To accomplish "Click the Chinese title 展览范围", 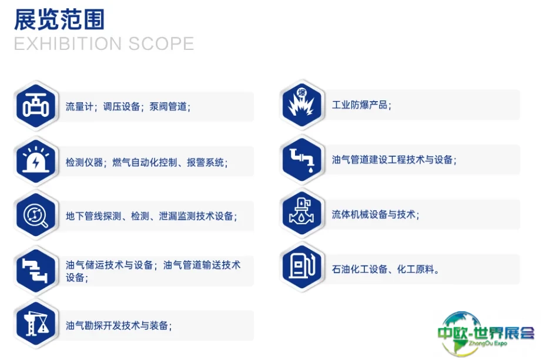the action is pos(59,19).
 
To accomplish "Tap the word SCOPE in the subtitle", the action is pos(161,44).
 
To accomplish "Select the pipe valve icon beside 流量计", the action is pos(36,106).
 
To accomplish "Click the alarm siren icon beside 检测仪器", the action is pos(36,160).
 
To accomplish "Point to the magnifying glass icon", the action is pos(36,216).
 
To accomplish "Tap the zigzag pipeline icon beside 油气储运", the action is pos(35,270).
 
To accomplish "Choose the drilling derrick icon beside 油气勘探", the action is pos(36,325).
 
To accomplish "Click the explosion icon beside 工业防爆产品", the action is pos(302,103).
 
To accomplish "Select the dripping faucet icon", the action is pos(302,160).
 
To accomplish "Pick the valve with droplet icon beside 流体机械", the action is pos(302,213).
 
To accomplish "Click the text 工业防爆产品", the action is pos(359,105).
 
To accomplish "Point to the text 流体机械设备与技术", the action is pos(373,214).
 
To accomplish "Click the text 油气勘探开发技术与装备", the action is pos(117,325).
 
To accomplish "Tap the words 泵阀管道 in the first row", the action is pos(168,106).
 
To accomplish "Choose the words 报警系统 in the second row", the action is pos(205,162).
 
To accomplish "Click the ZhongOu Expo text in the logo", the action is pos(488,344).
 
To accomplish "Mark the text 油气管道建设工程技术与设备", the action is pos(392,160).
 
